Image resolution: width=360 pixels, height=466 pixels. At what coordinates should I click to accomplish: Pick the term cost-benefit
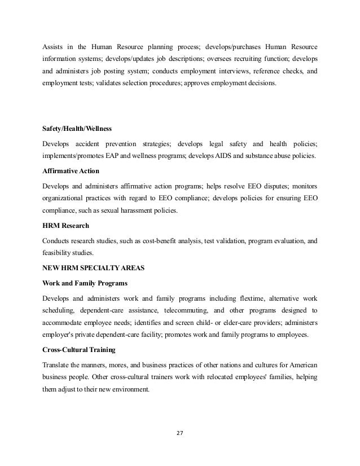tap(172, 240)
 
